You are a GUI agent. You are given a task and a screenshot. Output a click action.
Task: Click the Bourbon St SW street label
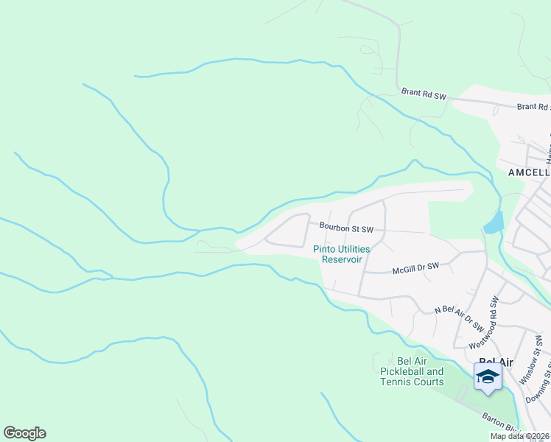345,228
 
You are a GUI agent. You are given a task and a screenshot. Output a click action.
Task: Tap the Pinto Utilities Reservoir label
342,254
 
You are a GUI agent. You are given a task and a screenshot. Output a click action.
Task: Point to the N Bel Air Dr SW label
459,318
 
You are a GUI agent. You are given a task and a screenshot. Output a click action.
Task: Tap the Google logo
24,433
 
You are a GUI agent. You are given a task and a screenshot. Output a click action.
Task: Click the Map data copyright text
520,436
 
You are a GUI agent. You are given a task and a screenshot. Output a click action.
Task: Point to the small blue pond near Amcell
494,222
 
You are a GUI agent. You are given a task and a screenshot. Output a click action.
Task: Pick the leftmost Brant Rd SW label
424,94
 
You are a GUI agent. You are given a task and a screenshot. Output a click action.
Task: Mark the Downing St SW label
545,379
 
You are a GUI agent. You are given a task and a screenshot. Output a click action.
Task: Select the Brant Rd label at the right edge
533,107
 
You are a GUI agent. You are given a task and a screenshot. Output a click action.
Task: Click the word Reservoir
342,259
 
